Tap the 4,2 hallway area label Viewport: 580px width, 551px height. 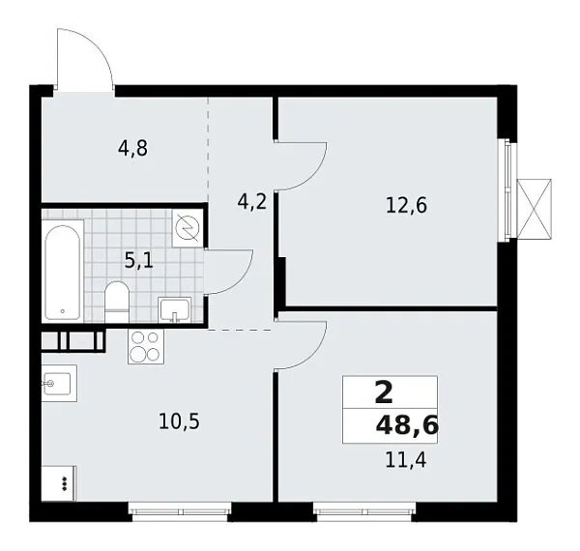coord(252,202)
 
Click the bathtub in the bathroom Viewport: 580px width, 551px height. coord(64,270)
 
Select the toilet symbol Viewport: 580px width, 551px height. coord(117,300)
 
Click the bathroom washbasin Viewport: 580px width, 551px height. coord(175,309)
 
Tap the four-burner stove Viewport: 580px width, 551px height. coord(145,346)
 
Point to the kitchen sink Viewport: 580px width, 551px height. coord(59,384)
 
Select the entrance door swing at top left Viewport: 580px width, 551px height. coord(83,59)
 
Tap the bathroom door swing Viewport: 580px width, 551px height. coord(229,272)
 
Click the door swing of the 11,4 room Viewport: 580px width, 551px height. coord(303,344)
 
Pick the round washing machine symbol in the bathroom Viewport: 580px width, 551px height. coord(188,227)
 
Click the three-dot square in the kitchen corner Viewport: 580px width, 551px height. coord(61,482)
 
